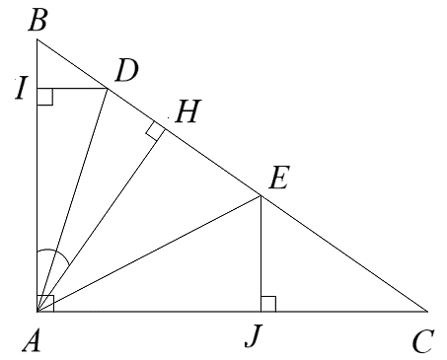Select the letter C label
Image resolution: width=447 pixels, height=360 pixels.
(x=424, y=341)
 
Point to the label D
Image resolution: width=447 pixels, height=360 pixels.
(x=125, y=69)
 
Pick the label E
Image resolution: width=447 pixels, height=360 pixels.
(x=278, y=179)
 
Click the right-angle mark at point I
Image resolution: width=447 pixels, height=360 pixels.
(x=44, y=96)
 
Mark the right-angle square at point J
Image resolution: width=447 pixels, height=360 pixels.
(x=267, y=303)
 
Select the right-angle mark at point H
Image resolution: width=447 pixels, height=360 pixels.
(x=155, y=130)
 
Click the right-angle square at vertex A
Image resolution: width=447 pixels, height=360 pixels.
(x=44, y=302)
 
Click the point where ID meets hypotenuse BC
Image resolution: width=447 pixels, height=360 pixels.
(x=108, y=88)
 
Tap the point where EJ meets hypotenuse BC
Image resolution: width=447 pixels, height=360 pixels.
(x=260, y=195)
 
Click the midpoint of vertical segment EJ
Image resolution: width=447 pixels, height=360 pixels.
(x=260, y=252)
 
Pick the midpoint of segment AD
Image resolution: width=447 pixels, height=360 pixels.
(x=72, y=199)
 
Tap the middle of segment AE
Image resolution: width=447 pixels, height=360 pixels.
(x=148, y=252)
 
